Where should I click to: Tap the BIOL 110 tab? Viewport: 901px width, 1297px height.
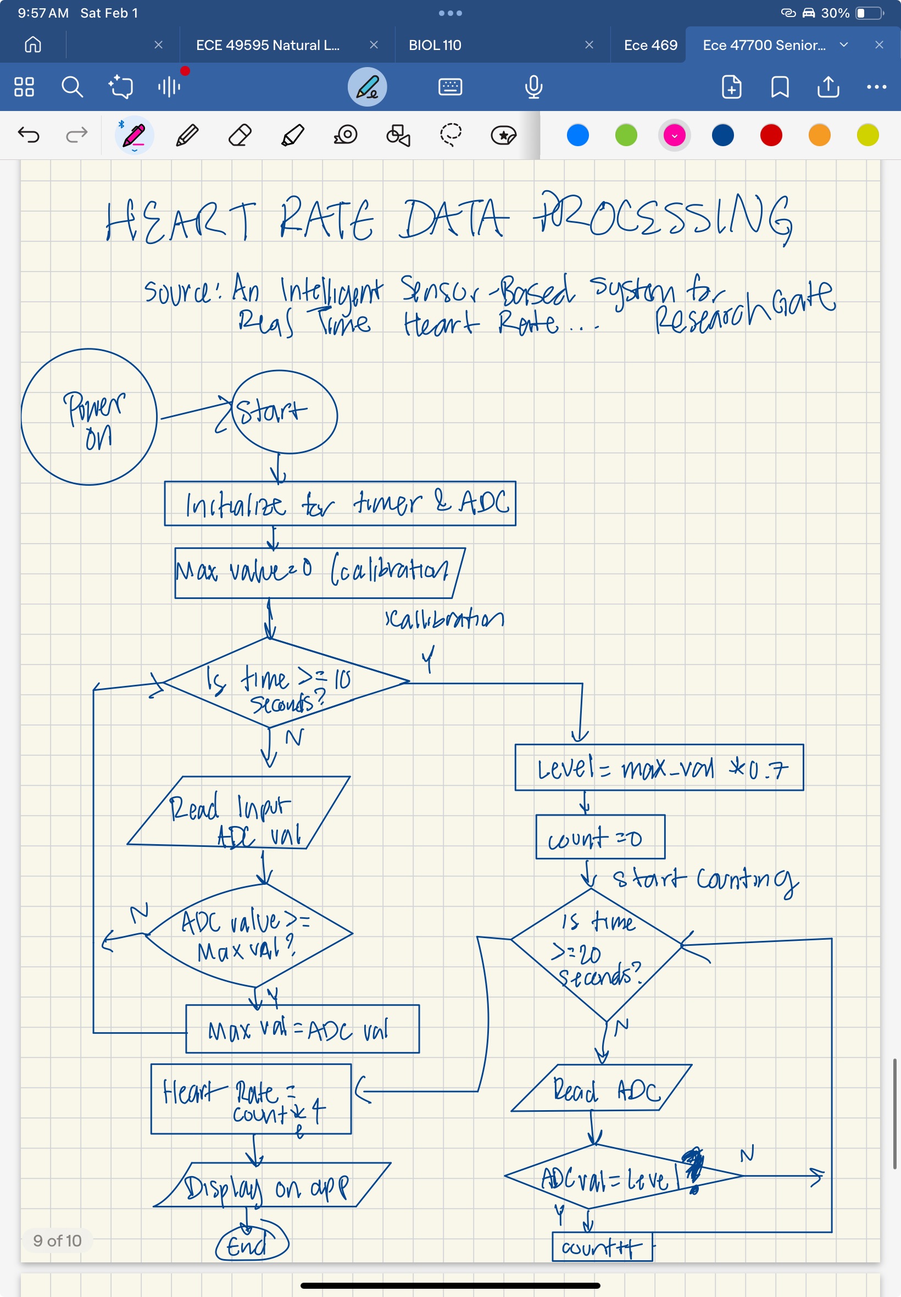click(x=435, y=45)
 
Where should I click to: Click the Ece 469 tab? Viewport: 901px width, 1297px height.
click(x=650, y=45)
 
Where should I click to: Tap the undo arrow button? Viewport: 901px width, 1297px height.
click(x=29, y=135)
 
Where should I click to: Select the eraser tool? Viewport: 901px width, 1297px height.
click(x=240, y=136)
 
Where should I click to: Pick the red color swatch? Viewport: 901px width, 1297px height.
click(x=771, y=136)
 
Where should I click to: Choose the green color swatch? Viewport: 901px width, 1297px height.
click(x=626, y=136)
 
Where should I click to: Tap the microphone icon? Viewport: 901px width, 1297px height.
click(x=533, y=87)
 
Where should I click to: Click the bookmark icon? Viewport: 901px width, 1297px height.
click(x=779, y=87)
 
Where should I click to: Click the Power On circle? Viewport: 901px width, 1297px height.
click(x=89, y=417)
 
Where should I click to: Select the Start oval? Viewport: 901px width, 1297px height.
click(x=284, y=412)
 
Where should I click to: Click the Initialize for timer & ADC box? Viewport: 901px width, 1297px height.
click(x=340, y=503)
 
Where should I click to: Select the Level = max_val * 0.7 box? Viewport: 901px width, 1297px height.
click(x=659, y=767)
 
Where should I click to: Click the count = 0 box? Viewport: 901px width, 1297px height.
click(x=599, y=837)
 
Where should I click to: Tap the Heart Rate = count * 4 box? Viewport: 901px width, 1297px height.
click(x=251, y=1099)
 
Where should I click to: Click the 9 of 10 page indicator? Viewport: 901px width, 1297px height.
click(x=57, y=1240)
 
